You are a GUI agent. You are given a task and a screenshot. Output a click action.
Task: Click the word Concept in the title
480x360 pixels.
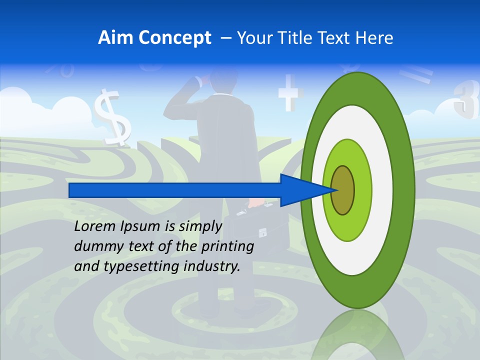click(175, 38)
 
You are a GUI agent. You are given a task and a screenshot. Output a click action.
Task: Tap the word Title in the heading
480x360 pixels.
click(303, 38)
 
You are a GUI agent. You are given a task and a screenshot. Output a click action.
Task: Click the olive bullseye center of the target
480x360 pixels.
click(342, 190)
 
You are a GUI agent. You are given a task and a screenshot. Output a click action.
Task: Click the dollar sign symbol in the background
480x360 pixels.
click(112, 118)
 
